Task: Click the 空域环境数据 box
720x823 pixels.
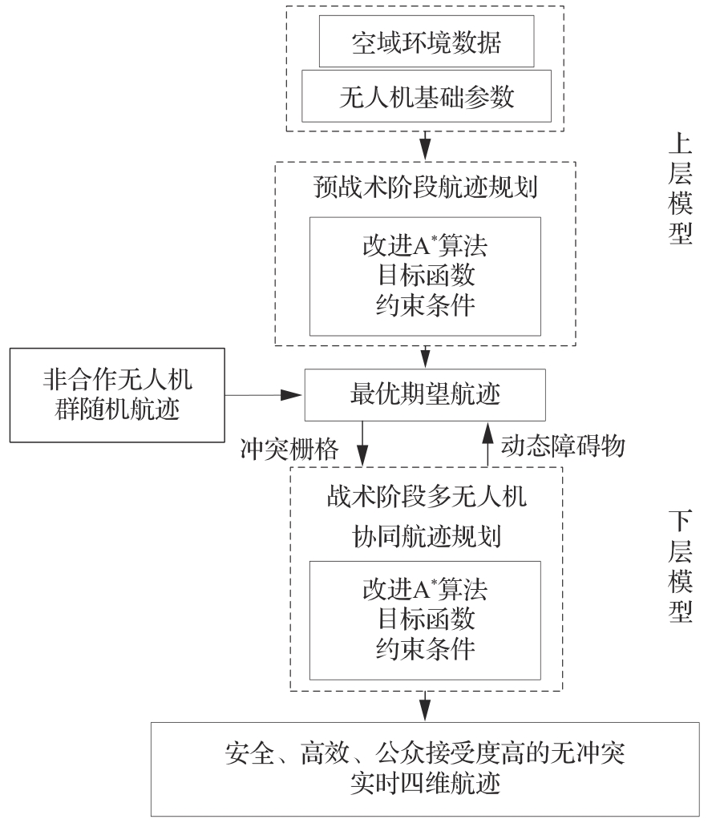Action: (426, 42)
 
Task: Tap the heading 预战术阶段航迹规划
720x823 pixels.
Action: (426, 189)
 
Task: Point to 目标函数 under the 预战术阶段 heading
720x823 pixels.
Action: (425, 275)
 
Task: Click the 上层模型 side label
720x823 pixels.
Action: (678, 188)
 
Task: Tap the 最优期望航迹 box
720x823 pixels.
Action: (426, 394)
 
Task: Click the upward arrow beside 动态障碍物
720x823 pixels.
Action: (487, 443)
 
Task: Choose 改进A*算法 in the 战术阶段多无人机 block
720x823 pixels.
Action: (425, 591)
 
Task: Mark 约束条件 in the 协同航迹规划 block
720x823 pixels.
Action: (425, 648)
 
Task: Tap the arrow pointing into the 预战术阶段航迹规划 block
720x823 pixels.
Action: (426, 147)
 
